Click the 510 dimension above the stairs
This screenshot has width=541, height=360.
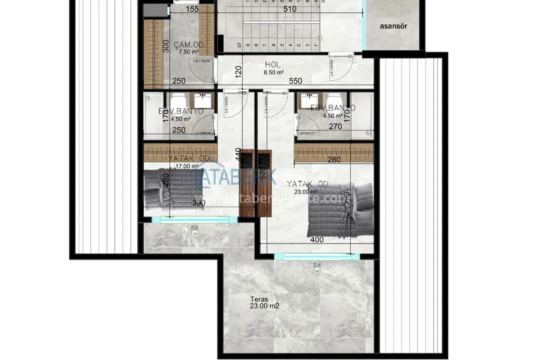point(290,10)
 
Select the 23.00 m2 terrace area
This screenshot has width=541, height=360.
point(265,306)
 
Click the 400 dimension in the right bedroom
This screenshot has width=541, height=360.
point(318,240)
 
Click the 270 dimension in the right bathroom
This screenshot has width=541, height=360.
point(335,127)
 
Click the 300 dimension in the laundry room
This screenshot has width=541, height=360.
point(166,46)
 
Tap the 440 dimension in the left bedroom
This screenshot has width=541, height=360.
point(238,154)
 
